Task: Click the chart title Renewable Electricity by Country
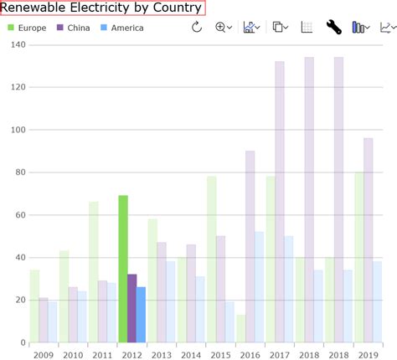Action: [102, 8]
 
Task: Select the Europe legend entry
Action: [28, 28]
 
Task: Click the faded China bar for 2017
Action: [280, 201]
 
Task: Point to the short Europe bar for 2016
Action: [241, 328]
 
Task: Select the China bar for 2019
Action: [369, 239]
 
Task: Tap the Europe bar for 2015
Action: [212, 259]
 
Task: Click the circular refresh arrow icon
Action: [197, 28]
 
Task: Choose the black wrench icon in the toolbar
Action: [333, 28]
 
